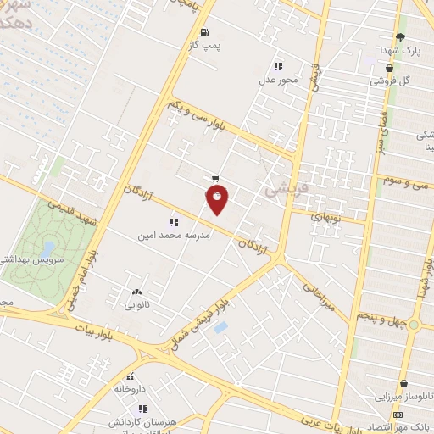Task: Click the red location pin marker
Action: [x=217, y=200]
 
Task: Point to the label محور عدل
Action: [x=277, y=82]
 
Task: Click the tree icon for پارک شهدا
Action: [x=400, y=37]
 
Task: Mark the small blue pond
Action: [x=220, y=326]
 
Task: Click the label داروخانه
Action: [x=131, y=388]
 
